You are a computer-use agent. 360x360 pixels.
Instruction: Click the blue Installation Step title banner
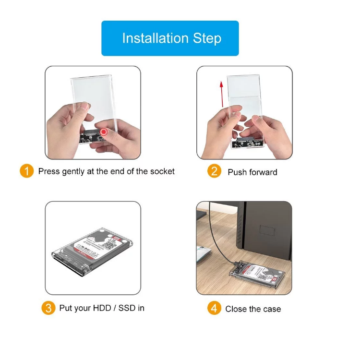point(170,38)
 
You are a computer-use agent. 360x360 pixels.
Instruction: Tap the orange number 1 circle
point(26,171)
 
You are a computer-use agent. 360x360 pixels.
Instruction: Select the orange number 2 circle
point(214,171)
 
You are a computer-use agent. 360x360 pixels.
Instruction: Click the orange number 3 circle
point(48,308)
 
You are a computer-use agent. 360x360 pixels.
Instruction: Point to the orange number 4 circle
point(214,308)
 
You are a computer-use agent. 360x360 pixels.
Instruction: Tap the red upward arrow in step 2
point(221,96)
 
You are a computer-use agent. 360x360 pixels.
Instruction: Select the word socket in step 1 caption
point(162,171)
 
